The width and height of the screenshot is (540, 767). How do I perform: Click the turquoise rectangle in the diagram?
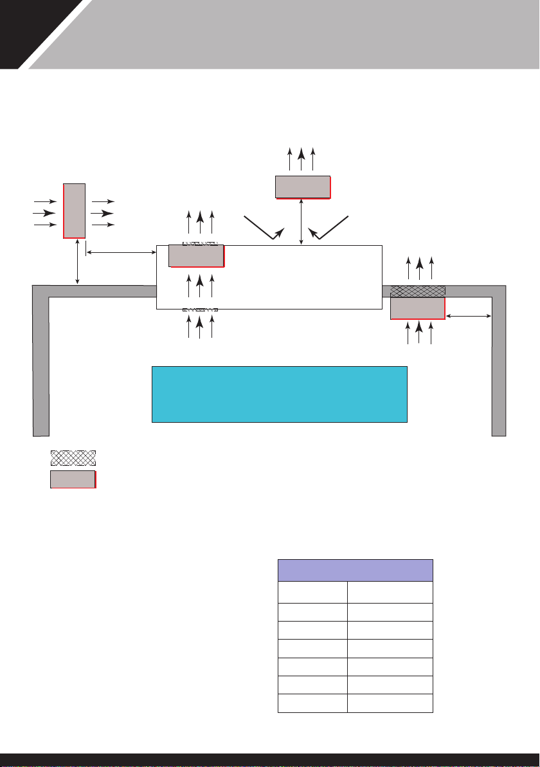(x=279, y=394)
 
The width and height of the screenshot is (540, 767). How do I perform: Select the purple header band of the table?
(x=355, y=570)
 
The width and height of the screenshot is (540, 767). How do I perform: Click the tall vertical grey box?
(x=74, y=210)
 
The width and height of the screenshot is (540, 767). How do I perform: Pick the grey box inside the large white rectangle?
(x=196, y=255)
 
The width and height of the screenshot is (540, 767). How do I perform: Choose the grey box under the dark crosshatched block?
(x=417, y=308)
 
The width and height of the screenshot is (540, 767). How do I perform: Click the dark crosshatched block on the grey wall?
(x=418, y=291)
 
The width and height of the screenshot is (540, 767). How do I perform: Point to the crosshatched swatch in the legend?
(x=73, y=458)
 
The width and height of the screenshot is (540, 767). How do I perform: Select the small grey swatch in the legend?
(x=73, y=479)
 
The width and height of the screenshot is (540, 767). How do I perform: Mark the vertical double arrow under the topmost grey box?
(x=301, y=221)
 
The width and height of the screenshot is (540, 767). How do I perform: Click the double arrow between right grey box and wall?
(x=469, y=316)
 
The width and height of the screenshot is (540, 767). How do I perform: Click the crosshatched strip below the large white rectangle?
(x=200, y=310)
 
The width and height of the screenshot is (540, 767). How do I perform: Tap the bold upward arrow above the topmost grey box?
(x=301, y=158)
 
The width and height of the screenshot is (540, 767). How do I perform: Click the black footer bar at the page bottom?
(x=270, y=760)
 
